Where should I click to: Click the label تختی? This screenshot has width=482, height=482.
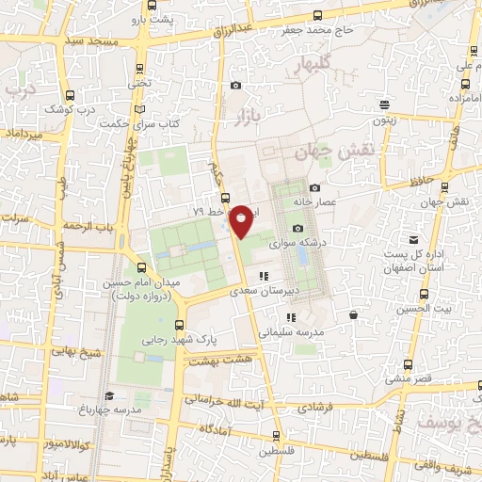[x=140, y=83]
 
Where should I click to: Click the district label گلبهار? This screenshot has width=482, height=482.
[x=312, y=64]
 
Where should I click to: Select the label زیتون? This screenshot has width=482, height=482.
[x=383, y=120]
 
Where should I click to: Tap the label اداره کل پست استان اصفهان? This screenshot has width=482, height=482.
[x=411, y=262]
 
